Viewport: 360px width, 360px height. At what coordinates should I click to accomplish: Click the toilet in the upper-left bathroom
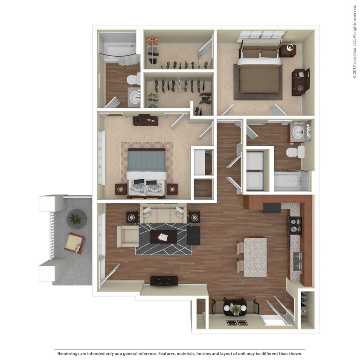point(133,78)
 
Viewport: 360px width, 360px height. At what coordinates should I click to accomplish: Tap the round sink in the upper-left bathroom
point(135,97)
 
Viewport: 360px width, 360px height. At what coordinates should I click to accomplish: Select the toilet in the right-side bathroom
point(295,152)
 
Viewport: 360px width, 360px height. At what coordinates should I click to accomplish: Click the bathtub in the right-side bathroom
point(291,181)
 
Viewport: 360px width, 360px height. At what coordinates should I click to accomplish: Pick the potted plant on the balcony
point(75,219)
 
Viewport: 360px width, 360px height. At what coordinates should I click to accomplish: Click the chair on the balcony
point(74,244)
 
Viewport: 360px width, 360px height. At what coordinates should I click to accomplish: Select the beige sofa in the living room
point(164,213)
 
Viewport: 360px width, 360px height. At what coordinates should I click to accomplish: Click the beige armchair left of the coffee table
point(128,236)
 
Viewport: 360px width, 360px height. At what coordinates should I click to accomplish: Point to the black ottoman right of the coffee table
point(193,235)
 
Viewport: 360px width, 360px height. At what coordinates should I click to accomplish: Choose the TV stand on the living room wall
point(164,281)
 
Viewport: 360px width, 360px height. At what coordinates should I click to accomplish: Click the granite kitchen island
point(255,257)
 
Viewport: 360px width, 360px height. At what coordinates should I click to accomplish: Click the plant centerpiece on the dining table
point(235,307)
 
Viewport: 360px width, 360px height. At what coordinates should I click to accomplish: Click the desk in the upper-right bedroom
point(300,81)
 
